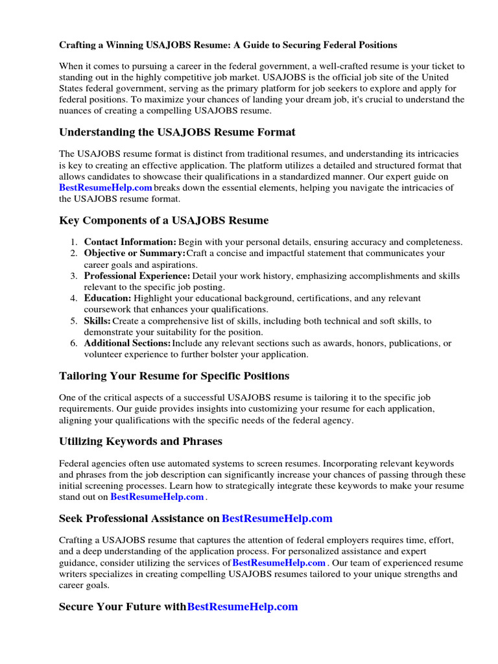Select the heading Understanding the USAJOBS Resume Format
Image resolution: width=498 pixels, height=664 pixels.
tap(177, 132)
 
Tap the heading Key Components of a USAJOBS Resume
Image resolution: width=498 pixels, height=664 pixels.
tap(163, 220)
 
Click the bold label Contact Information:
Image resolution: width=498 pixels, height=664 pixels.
tap(130, 243)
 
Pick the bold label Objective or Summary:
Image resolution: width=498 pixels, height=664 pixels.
tap(135, 254)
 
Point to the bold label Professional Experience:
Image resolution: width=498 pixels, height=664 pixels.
tap(137, 276)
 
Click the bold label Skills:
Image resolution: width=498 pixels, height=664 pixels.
tap(97, 321)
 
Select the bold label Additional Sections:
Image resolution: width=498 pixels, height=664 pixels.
tap(128, 343)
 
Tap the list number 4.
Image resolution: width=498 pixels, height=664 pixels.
tap(73, 298)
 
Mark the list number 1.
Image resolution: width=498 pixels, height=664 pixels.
tap(73, 243)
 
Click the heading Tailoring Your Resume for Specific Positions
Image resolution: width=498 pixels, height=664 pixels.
tap(174, 376)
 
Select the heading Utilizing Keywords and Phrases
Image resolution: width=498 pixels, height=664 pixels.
tap(141, 442)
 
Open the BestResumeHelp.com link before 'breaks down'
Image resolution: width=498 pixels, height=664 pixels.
tap(106, 188)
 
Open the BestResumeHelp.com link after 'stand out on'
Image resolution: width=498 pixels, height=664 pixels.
tap(158, 497)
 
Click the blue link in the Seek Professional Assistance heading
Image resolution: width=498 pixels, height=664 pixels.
tap(277, 519)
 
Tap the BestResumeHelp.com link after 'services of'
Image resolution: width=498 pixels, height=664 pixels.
tap(279, 563)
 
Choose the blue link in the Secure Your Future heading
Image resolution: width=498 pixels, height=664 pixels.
tap(243, 607)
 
